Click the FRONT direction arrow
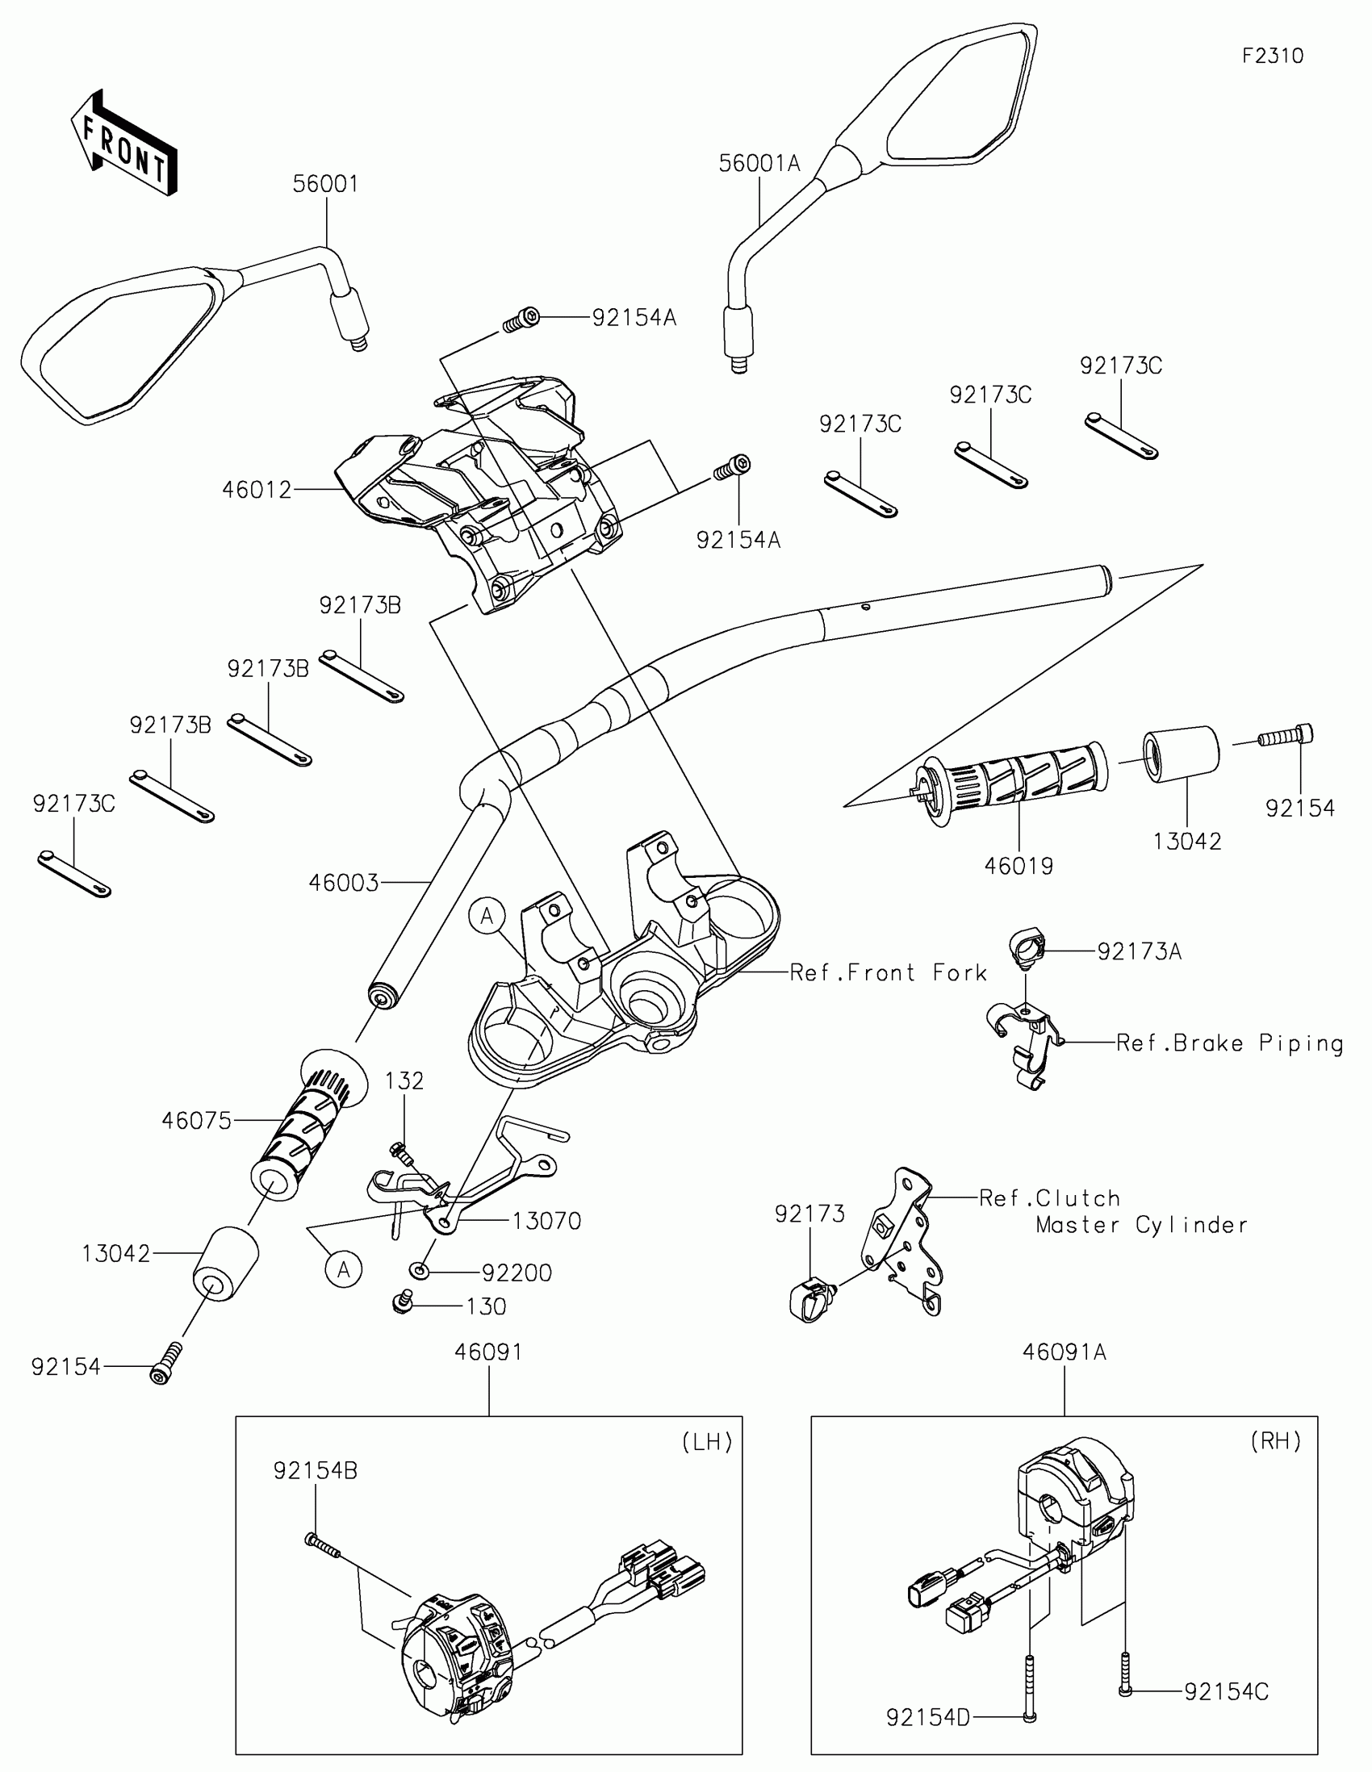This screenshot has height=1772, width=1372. (x=124, y=144)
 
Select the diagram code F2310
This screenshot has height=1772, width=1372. (x=1273, y=56)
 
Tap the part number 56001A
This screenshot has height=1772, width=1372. (x=759, y=164)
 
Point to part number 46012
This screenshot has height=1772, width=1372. (x=257, y=490)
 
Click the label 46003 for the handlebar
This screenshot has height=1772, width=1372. (x=344, y=883)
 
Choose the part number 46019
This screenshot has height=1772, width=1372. (x=1019, y=867)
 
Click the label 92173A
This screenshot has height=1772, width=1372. (x=1139, y=951)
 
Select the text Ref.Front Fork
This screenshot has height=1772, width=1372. (x=889, y=973)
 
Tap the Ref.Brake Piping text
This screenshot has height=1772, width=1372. (x=1230, y=1043)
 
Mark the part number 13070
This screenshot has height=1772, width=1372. (x=547, y=1221)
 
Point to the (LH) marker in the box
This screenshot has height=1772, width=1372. (x=708, y=1441)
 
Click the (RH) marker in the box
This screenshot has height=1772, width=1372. (x=1276, y=1441)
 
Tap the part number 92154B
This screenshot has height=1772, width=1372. (x=315, y=1470)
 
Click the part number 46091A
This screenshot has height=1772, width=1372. (x=1064, y=1352)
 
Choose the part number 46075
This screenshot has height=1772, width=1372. (x=196, y=1121)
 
